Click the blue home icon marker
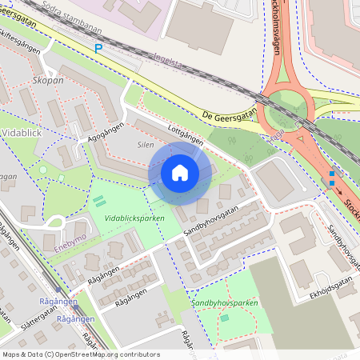click(180, 173)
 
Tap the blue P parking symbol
click(98, 48)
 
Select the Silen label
click(145, 146)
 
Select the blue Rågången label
click(58, 301)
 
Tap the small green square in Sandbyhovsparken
click(225, 318)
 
